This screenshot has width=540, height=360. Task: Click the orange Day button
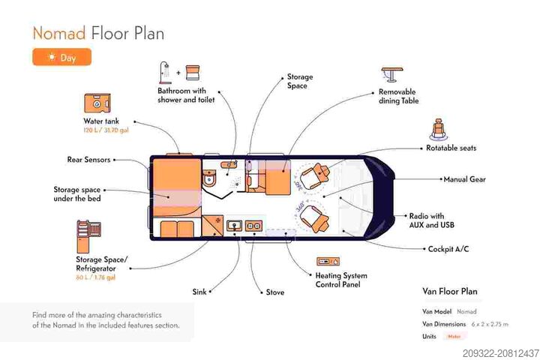(x=61, y=57)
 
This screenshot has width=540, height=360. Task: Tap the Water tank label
(x=100, y=121)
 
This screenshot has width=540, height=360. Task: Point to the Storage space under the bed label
(x=76, y=193)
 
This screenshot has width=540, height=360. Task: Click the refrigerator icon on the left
(x=85, y=235)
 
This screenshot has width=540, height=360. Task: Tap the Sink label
(x=199, y=292)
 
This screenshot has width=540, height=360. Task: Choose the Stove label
(x=275, y=292)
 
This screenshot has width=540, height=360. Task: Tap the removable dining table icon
(x=391, y=74)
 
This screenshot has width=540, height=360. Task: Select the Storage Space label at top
(x=300, y=81)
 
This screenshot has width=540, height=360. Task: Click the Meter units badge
(x=454, y=336)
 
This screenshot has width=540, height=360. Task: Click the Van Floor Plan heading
(x=450, y=291)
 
